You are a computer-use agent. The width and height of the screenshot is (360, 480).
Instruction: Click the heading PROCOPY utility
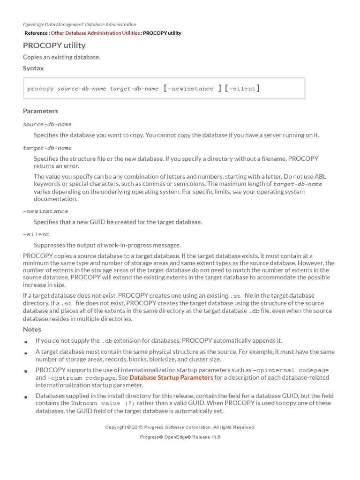tap(54, 45)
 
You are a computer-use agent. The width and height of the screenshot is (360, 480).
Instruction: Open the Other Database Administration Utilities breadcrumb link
tap(95, 33)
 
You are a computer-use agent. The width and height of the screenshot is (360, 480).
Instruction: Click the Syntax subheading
tap(33, 68)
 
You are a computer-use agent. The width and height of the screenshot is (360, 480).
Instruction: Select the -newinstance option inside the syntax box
tap(190, 89)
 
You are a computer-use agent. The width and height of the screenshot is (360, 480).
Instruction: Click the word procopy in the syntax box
tap(40, 89)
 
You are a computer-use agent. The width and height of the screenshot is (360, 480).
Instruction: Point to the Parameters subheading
tap(40, 111)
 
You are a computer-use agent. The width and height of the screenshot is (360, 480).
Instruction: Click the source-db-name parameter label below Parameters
tap(47, 124)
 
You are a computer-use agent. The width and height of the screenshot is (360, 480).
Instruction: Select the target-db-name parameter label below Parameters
tap(47, 148)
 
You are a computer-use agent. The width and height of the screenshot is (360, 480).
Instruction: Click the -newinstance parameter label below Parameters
tap(45, 211)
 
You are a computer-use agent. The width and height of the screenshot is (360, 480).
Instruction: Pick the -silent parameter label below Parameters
tap(36, 234)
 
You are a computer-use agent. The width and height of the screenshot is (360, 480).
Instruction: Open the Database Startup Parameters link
tap(171, 377)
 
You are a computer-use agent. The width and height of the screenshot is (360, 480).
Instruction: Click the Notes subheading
tap(32, 329)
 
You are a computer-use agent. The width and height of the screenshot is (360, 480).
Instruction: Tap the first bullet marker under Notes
tap(26, 342)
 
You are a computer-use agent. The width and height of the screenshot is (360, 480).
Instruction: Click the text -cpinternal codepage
tap(291, 370)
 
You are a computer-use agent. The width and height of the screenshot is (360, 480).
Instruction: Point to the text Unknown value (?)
tap(96, 403)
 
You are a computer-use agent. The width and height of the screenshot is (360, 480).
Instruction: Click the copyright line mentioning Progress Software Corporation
tap(180, 427)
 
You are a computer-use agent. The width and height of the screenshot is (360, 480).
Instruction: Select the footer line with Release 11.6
tap(180, 437)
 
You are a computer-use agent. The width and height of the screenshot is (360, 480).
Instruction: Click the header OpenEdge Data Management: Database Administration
tap(79, 24)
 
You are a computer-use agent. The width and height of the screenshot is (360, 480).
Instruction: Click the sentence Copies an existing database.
tap(61, 57)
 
